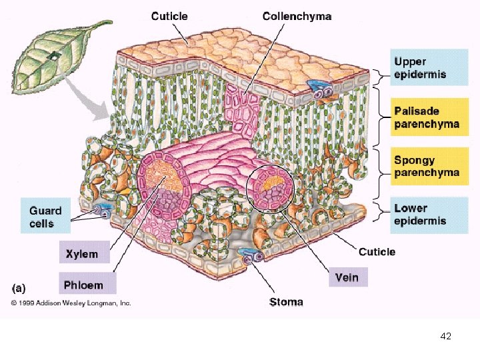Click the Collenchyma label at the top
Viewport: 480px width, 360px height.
click(x=297, y=16)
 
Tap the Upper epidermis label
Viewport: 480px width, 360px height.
click(x=419, y=68)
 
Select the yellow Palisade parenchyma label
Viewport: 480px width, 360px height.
click(x=426, y=117)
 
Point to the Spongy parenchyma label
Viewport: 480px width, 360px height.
click(x=426, y=166)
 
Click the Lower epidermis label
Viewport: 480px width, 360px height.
click(x=419, y=215)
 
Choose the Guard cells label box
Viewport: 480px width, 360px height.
click(x=45, y=216)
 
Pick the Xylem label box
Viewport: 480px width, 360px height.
click(x=81, y=253)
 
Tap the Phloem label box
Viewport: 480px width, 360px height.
click(x=83, y=285)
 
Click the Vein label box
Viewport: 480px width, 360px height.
click(x=347, y=277)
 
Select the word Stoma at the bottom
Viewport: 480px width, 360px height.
click(x=286, y=302)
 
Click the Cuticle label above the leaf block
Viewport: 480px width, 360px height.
click(x=169, y=16)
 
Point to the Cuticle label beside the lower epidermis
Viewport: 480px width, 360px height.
click(x=377, y=251)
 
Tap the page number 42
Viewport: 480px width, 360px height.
click(x=446, y=337)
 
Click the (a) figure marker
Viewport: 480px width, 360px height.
click(x=19, y=289)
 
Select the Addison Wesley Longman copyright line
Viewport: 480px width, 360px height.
click(x=70, y=303)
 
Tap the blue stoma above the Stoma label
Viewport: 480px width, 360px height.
click(x=254, y=256)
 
